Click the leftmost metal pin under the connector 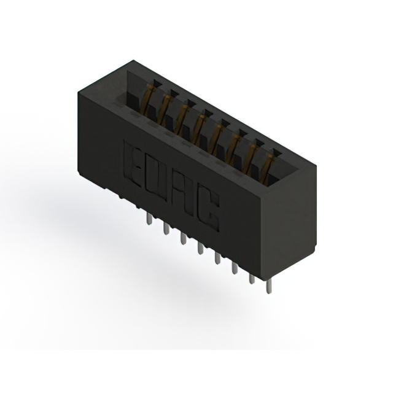click(149, 219)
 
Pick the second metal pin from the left click(166, 228)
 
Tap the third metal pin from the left click(183, 238)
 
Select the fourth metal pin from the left click(200, 248)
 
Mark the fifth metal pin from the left click(217, 258)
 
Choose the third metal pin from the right click(235, 268)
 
